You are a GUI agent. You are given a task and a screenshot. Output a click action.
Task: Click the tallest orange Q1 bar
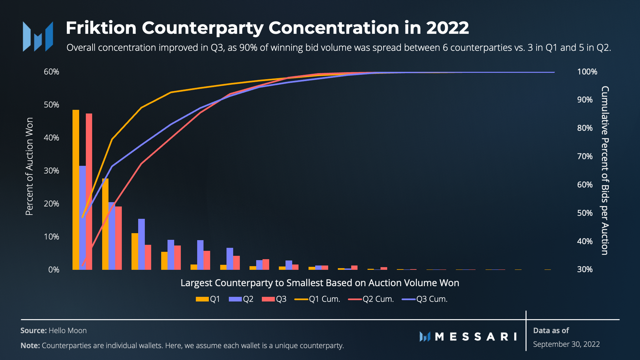[76, 190]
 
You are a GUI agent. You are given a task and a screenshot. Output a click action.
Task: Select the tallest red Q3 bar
[89, 192]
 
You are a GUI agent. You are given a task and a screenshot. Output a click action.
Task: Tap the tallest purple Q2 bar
[82, 218]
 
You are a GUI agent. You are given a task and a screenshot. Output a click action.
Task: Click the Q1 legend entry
[208, 299]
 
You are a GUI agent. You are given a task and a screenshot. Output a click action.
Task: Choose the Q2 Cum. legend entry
[371, 299]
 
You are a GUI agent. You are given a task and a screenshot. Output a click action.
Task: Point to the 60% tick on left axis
[51, 72]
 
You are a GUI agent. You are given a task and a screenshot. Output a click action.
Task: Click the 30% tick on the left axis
[51, 171]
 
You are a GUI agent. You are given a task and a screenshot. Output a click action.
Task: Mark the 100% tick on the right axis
[587, 72]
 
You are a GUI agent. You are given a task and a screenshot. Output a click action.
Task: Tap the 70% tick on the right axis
[585, 156]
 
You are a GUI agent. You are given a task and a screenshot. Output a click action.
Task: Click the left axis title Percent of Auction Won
[29, 166]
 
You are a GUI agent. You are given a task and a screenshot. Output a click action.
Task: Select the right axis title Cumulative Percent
[605, 171]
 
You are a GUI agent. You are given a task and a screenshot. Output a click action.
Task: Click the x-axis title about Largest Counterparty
[320, 283]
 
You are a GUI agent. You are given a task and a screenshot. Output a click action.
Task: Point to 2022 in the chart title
[447, 28]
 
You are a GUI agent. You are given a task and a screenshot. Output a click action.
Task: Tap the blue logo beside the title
[38, 36]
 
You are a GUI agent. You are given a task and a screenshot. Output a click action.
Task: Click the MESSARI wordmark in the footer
[475, 337]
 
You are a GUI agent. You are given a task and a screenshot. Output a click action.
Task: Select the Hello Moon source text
[68, 330]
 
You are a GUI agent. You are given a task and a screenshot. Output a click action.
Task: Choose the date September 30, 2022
[566, 344]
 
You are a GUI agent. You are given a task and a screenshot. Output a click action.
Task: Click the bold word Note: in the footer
[30, 346]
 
